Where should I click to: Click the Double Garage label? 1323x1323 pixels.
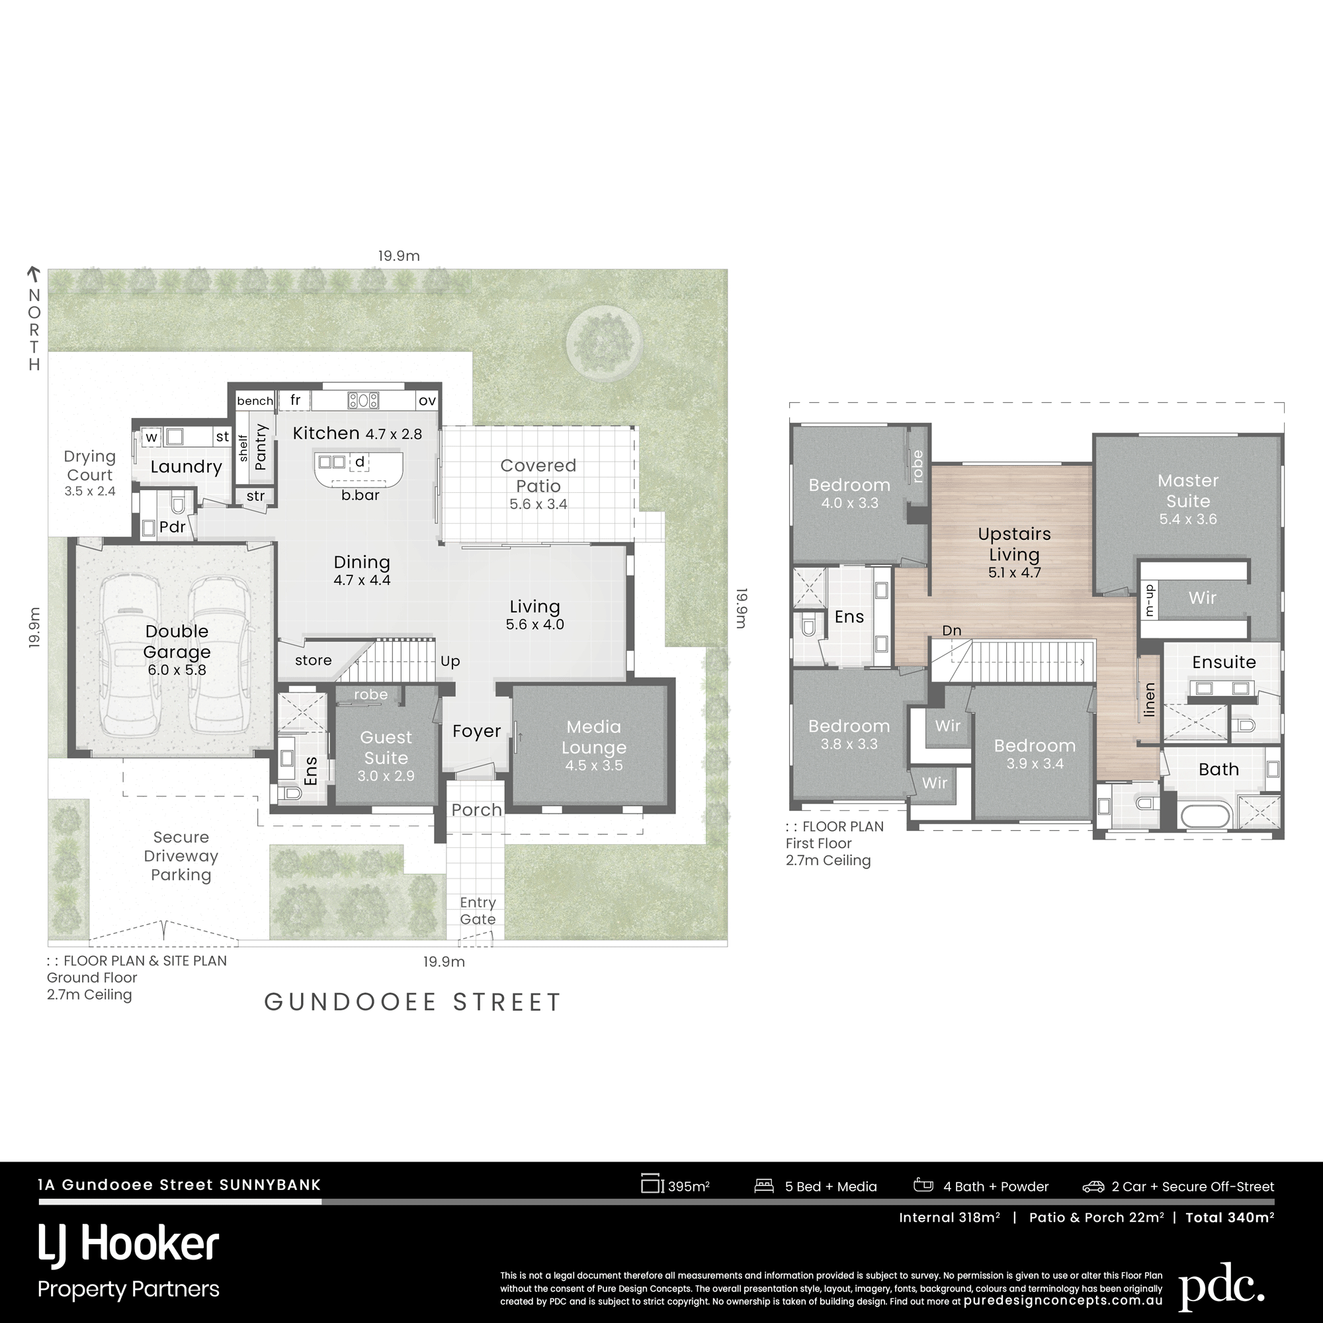click(177, 642)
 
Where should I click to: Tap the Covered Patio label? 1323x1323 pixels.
click(538, 475)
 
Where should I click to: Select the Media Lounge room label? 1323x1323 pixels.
click(594, 737)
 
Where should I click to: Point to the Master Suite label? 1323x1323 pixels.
click(1188, 490)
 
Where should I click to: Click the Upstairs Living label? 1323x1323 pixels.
click(1014, 544)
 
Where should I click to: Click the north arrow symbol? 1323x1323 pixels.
click(33, 275)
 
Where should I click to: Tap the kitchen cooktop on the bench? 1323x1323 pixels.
click(363, 400)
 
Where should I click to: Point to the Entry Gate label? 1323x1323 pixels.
click(478, 911)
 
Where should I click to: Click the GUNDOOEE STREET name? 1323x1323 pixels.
click(413, 1002)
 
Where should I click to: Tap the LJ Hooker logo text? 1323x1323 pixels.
click(129, 1244)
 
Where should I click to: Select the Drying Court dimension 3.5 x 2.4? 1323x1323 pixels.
click(90, 491)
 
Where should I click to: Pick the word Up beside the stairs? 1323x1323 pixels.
click(450, 661)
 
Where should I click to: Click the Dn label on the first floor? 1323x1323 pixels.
click(952, 630)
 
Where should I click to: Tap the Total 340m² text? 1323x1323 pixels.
click(1230, 1217)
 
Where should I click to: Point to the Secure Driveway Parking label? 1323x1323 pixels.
click(181, 856)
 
